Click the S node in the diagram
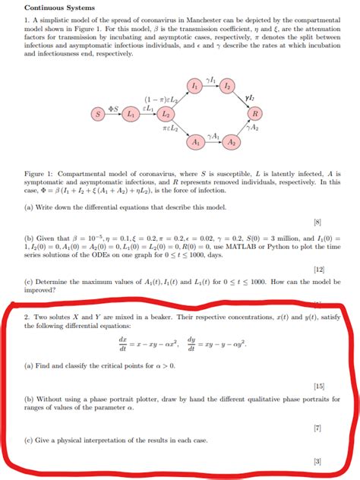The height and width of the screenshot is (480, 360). (x=97, y=114)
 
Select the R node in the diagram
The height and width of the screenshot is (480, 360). (x=256, y=114)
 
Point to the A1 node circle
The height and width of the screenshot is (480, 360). (x=196, y=142)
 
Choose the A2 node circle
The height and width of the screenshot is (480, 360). (x=232, y=142)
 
